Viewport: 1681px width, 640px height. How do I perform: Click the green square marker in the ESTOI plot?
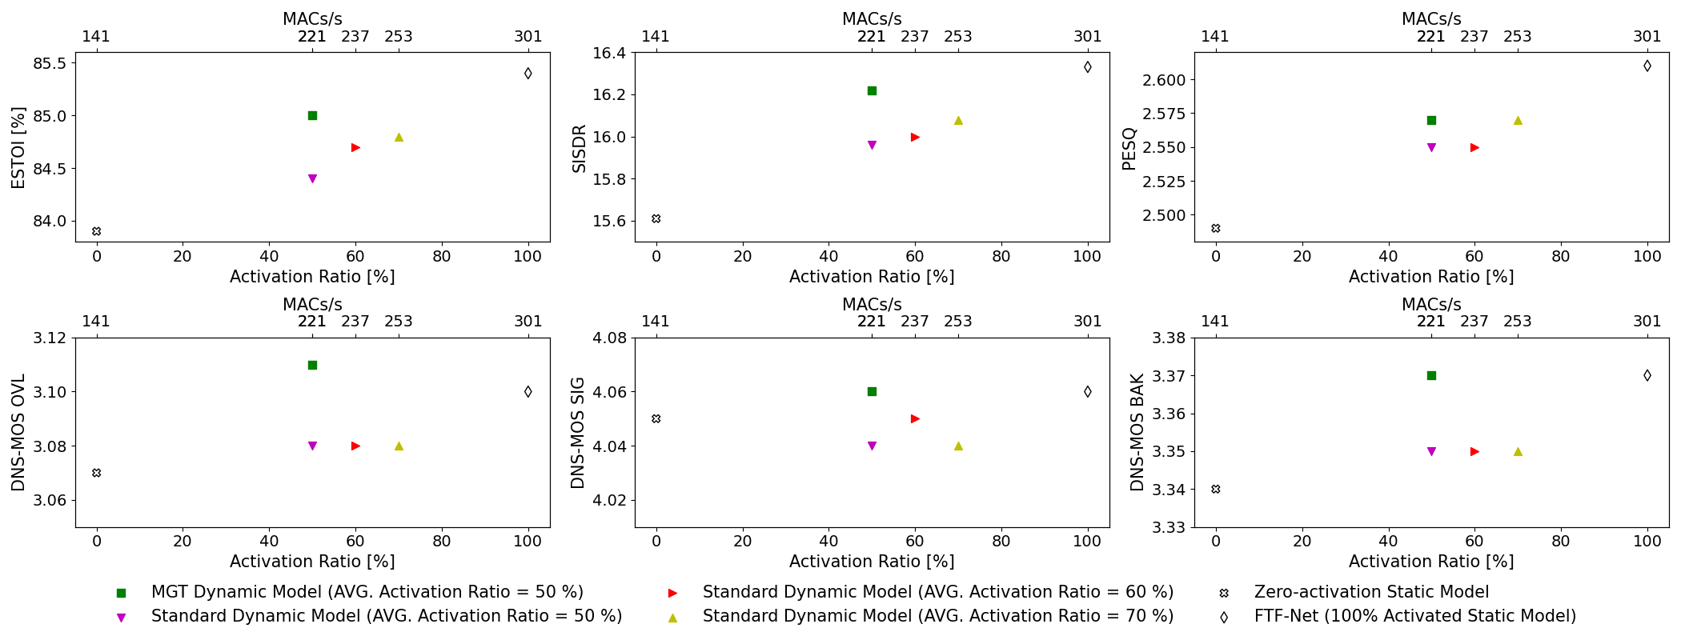[x=312, y=115]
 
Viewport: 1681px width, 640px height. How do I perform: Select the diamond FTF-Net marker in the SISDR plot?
[x=1087, y=67]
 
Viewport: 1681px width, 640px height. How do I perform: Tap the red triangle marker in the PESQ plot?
[x=1474, y=147]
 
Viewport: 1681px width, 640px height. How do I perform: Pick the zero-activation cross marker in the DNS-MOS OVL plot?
[x=96, y=473]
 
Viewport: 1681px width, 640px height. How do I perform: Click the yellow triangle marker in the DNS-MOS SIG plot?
[x=958, y=446]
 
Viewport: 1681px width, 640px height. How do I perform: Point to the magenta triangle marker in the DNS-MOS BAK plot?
[x=1431, y=451]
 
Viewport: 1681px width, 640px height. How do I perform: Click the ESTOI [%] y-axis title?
[x=18, y=147]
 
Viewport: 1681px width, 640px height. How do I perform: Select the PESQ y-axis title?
[x=1129, y=148]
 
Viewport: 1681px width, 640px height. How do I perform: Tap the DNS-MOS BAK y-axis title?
[x=1137, y=432]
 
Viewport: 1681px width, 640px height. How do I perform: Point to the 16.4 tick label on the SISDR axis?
[x=611, y=53]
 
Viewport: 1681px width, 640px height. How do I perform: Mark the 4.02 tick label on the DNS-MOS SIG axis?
[x=611, y=500]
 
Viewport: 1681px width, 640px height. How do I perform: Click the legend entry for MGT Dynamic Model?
[x=367, y=592]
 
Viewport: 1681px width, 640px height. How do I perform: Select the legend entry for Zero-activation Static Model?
[x=1371, y=592]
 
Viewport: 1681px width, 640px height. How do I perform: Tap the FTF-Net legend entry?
[x=1414, y=616]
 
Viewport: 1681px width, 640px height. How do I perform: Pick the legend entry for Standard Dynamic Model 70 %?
[x=937, y=616]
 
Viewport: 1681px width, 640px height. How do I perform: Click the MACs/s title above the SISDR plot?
[x=872, y=18]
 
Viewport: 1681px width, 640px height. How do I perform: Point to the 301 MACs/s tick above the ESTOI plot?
[x=528, y=36]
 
